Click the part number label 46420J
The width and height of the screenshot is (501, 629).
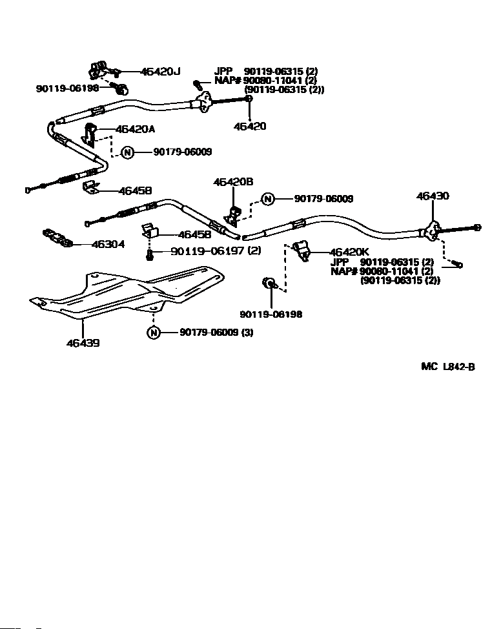point(161,72)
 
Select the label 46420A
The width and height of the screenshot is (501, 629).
point(135,129)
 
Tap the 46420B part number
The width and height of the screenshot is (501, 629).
point(233,181)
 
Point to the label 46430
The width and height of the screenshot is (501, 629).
point(433,196)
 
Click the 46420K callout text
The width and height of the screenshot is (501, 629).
point(349,252)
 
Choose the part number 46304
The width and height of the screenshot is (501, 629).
point(108,244)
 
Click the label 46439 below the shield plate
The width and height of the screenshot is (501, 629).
point(83,343)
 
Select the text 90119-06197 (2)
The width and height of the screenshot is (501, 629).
point(216,251)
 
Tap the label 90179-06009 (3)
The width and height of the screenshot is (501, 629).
point(217,332)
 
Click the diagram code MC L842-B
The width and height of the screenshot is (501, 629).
point(448,367)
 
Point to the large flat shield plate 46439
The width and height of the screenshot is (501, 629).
point(127,293)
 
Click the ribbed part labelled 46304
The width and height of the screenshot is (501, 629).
point(57,238)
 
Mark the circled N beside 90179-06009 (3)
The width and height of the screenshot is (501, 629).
point(154,333)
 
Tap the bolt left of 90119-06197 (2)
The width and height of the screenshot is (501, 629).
point(150,254)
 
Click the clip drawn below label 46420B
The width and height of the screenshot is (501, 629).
point(233,215)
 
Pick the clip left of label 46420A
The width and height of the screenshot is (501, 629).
point(89,136)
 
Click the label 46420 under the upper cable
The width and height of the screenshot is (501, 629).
point(250,126)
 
